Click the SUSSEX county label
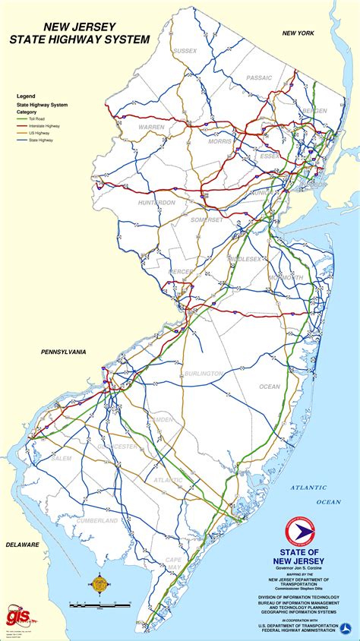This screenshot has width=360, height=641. coord(185,51)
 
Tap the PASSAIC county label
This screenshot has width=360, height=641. coord(259,77)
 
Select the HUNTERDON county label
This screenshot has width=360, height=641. coord(156,203)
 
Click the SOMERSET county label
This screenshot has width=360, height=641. coord(207,219)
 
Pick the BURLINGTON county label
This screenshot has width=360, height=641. coord(203,374)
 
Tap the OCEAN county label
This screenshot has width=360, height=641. coord(270,387)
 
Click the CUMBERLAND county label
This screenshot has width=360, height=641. coord(97,520)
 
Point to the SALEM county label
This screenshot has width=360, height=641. coord(62,458)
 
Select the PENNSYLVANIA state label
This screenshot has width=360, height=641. coord(53,352)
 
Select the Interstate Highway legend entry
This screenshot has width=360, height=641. coord(44,127)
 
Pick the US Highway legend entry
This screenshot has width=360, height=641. coord(39,134)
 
